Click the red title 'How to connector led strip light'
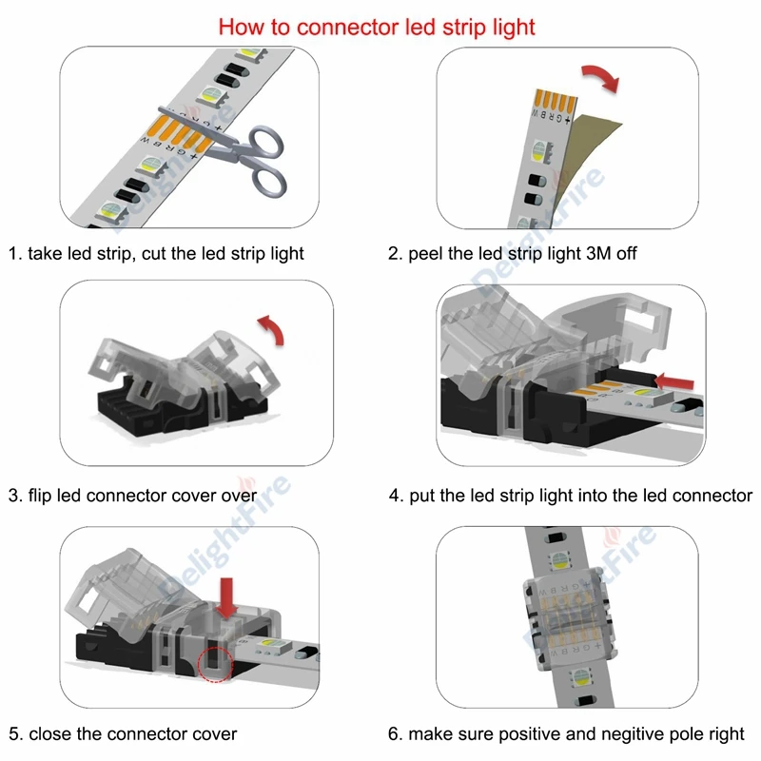coord(377,26)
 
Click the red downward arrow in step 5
coord(226,595)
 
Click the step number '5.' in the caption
coord(16,734)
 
